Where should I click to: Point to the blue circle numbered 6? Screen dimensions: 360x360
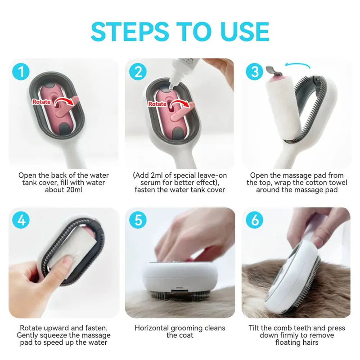click(x=255, y=220)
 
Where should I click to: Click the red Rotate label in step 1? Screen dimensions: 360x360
click(x=41, y=102)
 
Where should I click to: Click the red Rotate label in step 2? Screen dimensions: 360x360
click(x=157, y=103)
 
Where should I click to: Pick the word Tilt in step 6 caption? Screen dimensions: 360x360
click(x=255, y=328)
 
